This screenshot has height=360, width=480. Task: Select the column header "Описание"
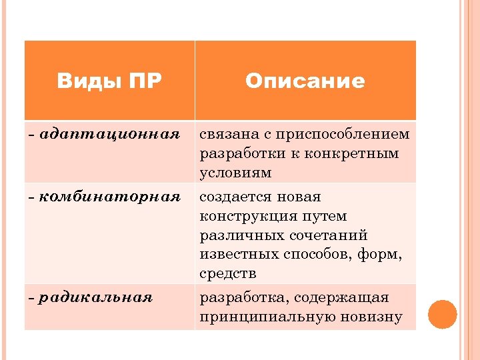point(305,81)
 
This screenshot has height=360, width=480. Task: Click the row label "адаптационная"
point(110,134)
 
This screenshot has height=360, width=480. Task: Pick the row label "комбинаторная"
point(110,197)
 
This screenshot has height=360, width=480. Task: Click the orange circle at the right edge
point(442,315)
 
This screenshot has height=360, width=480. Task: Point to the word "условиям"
point(235,173)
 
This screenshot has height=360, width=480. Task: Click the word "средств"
point(228,274)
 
